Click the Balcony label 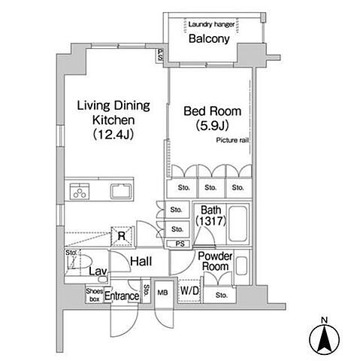click(x=209, y=38)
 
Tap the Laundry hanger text click(x=211, y=24)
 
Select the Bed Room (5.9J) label click(x=212, y=118)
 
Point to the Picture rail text click(x=232, y=140)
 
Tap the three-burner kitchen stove click(x=80, y=192)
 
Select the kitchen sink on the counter click(x=121, y=191)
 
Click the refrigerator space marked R click(x=122, y=236)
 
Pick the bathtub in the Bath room click(x=238, y=224)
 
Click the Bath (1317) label click(x=211, y=215)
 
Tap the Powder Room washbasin click(x=241, y=265)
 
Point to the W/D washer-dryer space click(x=189, y=291)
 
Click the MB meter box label click(x=163, y=293)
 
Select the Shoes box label click(x=95, y=295)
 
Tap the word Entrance click(x=122, y=296)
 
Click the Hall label click(x=141, y=262)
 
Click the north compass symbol click(x=325, y=338)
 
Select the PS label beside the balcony click(x=160, y=55)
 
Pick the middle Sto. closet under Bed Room click(x=210, y=187)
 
